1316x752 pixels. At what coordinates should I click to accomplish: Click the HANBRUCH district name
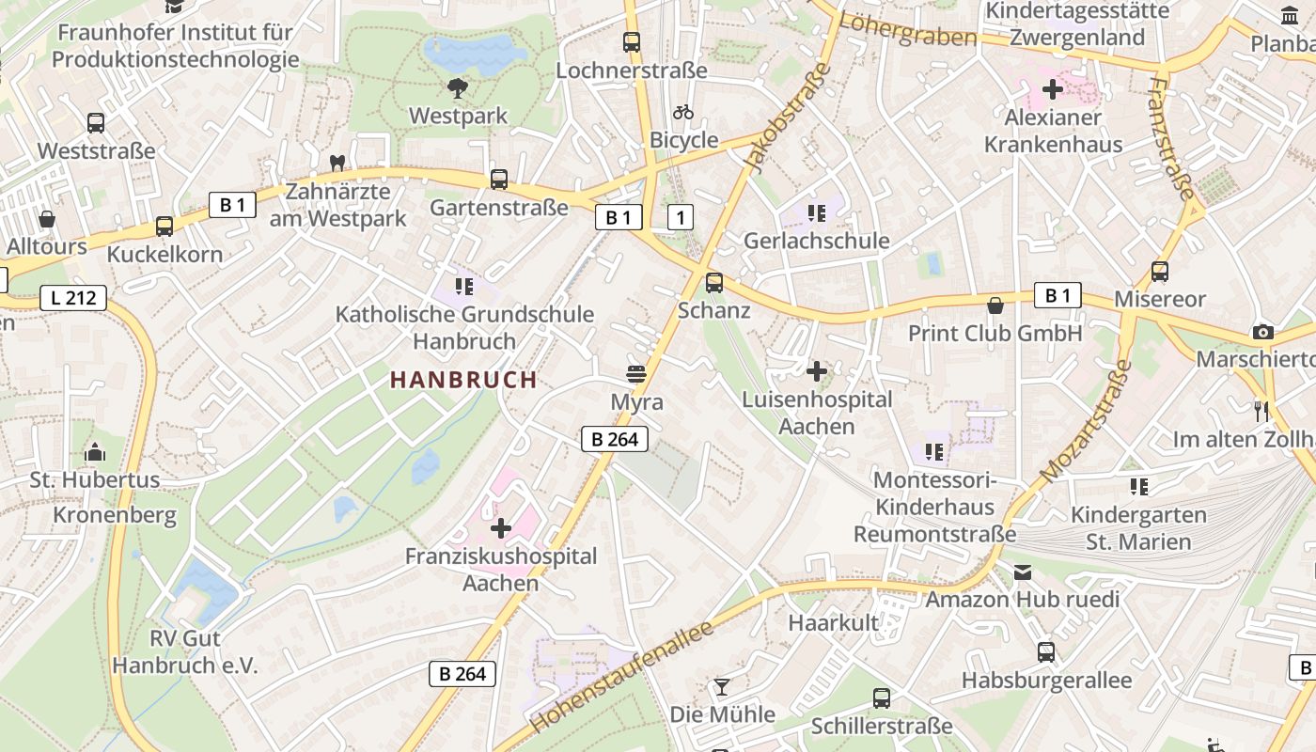click(x=463, y=380)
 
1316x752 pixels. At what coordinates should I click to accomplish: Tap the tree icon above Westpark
click(x=458, y=88)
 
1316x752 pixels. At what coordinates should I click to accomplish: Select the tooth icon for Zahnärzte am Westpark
click(x=337, y=163)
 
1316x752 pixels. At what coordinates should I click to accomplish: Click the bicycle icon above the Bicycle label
click(x=683, y=112)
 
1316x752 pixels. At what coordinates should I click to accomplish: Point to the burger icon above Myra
click(x=636, y=373)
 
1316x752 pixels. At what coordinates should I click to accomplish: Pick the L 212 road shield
click(x=73, y=299)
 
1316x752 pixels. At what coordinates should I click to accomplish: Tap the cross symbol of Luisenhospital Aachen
click(x=817, y=371)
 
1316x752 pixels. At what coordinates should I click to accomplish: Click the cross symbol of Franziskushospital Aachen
click(x=501, y=528)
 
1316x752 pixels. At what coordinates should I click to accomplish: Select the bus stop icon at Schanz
click(x=714, y=282)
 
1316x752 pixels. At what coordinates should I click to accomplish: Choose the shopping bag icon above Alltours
click(x=46, y=219)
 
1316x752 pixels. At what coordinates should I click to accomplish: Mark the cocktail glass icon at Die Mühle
click(x=721, y=687)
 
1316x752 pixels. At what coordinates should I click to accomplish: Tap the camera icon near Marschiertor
click(x=1263, y=332)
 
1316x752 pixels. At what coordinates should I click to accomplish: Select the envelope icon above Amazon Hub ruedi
click(x=1023, y=572)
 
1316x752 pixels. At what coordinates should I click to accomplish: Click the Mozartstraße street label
click(x=1083, y=420)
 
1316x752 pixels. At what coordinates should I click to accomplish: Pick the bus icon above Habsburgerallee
click(x=1046, y=652)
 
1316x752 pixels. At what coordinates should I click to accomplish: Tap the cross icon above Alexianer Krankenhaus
click(x=1053, y=90)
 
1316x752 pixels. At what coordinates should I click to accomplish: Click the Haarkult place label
click(x=833, y=622)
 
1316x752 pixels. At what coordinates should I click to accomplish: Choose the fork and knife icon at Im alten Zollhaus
click(x=1261, y=411)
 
